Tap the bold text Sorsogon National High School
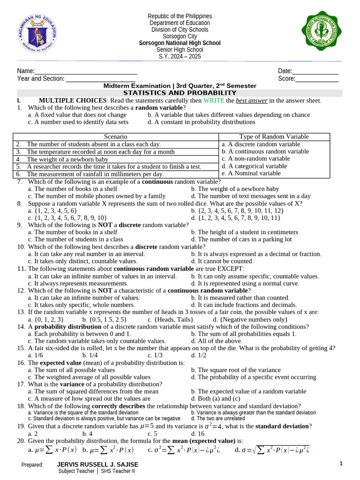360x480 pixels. (x=180, y=43)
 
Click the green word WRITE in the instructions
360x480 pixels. (x=214, y=100)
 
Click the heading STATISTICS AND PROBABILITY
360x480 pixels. (x=180, y=93)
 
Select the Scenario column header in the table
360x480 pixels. (x=116, y=136)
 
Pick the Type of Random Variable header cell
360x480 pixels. (x=275, y=136)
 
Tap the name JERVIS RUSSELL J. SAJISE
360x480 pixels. (x=97, y=464)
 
